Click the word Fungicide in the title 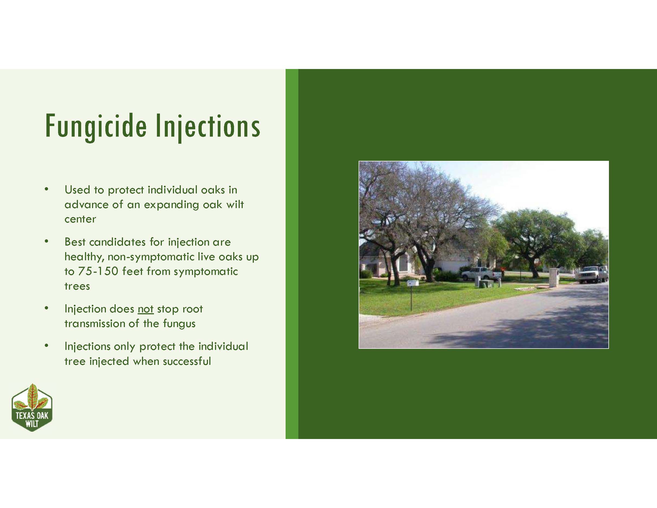(x=96, y=126)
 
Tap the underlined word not (x=146, y=309)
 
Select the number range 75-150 (x=98, y=271)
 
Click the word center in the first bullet (x=80, y=219)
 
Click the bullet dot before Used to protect (x=46, y=189)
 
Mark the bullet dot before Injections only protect (x=46, y=346)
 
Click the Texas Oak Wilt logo (x=32, y=407)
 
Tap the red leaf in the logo (x=32, y=397)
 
